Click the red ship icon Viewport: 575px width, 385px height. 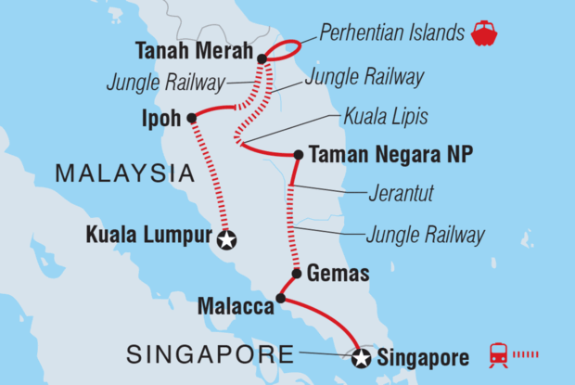click(483, 34)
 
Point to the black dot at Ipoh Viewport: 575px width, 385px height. click(191, 118)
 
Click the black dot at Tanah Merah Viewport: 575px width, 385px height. click(262, 58)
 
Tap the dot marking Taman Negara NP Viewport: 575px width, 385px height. click(298, 156)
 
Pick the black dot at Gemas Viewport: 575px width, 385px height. click(296, 274)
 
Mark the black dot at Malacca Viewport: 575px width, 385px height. click(280, 299)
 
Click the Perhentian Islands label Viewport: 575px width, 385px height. click(390, 34)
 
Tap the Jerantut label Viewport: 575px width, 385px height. click(389, 196)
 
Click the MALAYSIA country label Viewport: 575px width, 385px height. click(124, 173)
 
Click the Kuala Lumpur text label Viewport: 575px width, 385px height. click(148, 235)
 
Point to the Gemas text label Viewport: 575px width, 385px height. click(338, 274)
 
